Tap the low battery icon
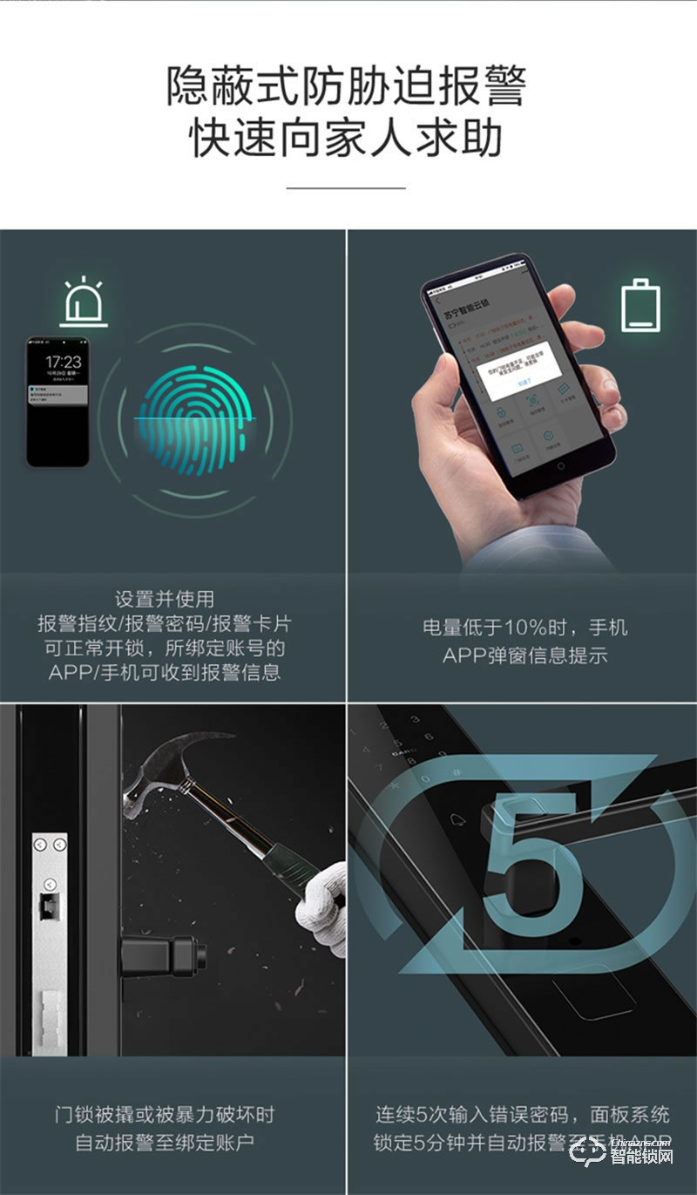pyautogui.click(x=640, y=304)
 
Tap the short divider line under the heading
pyautogui.click(x=347, y=187)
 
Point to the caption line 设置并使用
pyautogui.click(x=165, y=599)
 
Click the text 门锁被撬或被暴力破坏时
pyautogui.click(x=165, y=1115)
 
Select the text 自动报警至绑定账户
pyautogui.click(x=165, y=1142)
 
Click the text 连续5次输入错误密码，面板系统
pyautogui.click(x=523, y=1115)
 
